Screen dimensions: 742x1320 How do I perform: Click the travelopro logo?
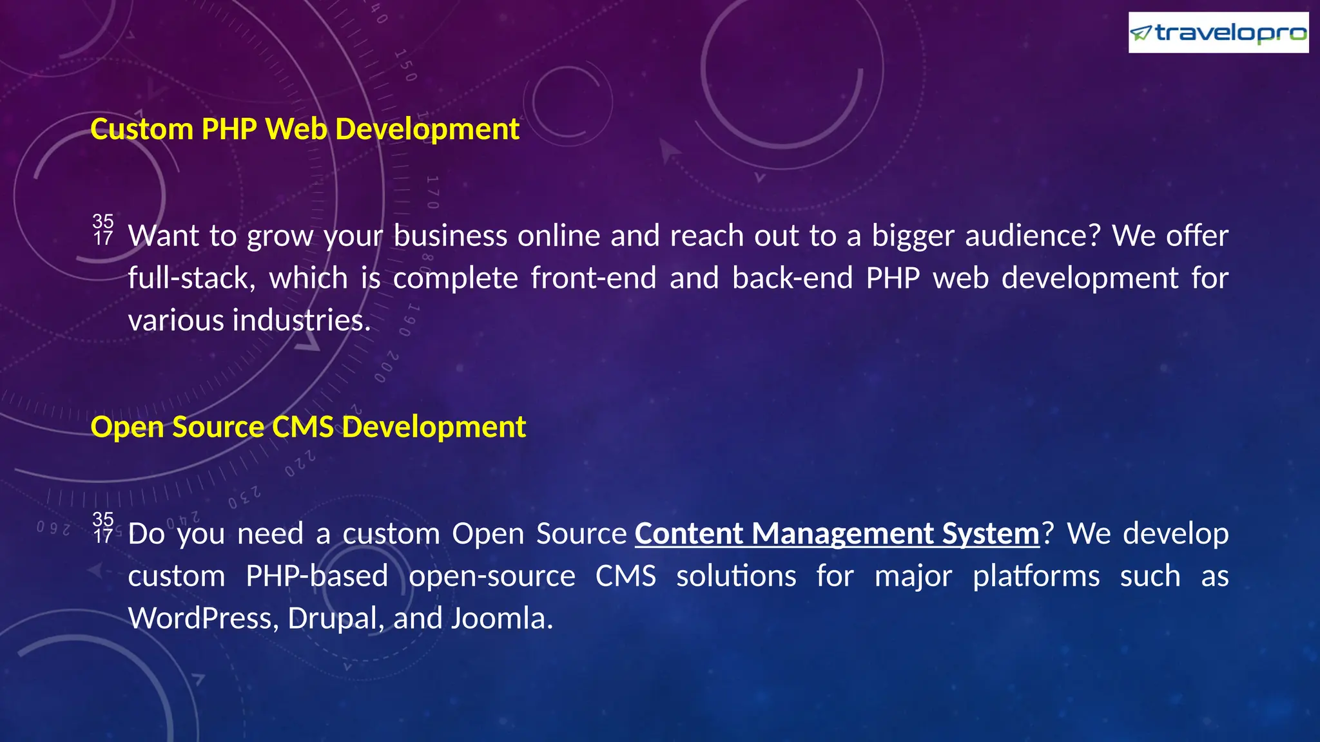[x=1218, y=32]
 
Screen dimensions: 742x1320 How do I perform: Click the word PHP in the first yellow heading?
[x=229, y=129]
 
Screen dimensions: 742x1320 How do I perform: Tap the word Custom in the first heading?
[x=142, y=129]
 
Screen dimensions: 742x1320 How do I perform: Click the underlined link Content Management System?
[x=837, y=534]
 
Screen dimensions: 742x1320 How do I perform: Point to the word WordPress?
[x=203, y=619]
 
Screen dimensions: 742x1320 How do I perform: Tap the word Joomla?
[x=501, y=619]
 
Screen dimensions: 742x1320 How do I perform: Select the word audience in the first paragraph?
[x=1032, y=236]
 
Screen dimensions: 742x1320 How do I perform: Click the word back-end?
[x=792, y=279]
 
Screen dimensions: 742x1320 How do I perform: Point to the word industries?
[x=301, y=321]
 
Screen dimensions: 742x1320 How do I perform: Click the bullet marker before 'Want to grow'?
[x=103, y=230]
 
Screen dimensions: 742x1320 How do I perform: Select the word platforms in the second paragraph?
[x=1036, y=576]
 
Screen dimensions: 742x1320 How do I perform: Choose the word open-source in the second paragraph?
[x=492, y=576]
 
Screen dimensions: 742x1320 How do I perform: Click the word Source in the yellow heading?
[x=218, y=427]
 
